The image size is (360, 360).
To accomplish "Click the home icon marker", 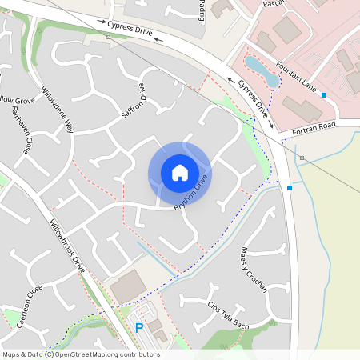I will click(x=179, y=172).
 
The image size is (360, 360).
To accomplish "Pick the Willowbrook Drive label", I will click(x=66, y=246).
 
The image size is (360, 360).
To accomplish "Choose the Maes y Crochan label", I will click(x=254, y=270).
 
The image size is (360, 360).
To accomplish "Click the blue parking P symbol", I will click(x=138, y=327).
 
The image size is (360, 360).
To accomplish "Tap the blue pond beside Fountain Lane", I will click(x=262, y=71).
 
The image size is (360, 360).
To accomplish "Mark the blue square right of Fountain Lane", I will click(x=324, y=95).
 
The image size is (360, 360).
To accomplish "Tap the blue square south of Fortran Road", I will click(x=289, y=188).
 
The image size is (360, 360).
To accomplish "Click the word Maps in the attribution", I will click(x=11, y=354).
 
